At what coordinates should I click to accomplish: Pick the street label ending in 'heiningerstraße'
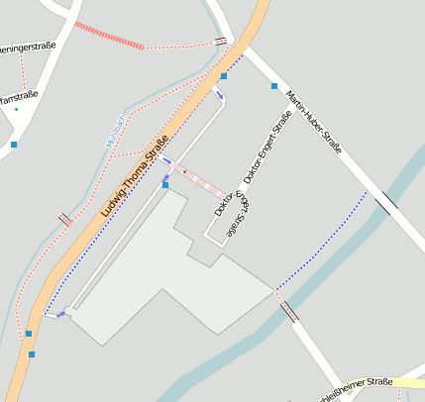[x=28, y=46]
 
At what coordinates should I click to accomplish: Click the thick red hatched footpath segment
[x=109, y=36]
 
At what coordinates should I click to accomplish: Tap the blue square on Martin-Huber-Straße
[x=274, y=86]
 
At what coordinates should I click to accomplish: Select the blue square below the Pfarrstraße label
[x=14, y=145]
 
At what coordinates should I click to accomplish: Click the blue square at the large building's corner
[x=165, y=184]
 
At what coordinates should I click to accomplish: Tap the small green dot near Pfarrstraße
[x=16, y=109]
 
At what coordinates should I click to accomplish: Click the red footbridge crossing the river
[x=289, y=312]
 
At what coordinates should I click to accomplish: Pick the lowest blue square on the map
[x=32, y=353]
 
